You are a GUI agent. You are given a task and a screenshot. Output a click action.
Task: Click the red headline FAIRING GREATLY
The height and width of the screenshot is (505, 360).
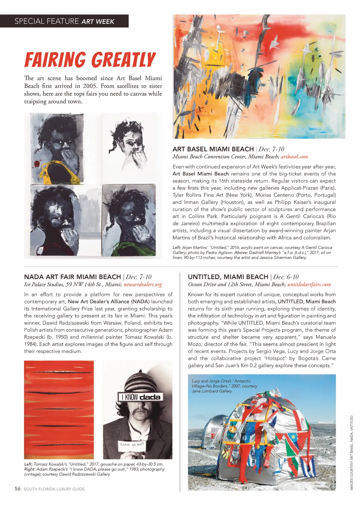click(90, 59)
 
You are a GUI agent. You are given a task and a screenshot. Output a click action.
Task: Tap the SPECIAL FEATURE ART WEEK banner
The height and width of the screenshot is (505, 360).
click(64, 21)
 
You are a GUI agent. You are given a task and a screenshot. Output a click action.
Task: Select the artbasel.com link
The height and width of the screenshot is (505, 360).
click(294, 157)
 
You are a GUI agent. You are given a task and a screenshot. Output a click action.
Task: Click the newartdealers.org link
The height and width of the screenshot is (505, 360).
click(142, 284)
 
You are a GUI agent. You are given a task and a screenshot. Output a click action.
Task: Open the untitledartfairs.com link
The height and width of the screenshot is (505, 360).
click(309, 284)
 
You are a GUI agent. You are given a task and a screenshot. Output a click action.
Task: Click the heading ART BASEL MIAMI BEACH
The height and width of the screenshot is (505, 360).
click(213, 149)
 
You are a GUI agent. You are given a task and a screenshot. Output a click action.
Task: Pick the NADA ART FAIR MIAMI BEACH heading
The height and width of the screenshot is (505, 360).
click(72, 277)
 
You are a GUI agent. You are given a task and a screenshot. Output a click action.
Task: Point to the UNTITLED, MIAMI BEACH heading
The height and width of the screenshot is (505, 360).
click(228, 277)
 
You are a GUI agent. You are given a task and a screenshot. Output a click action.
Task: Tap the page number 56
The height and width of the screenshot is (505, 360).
click(18, 489)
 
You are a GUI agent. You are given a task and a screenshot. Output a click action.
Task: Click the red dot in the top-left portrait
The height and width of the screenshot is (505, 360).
click(37, 164)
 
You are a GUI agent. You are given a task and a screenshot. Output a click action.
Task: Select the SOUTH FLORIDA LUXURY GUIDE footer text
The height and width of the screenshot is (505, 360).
click(54, 489)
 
